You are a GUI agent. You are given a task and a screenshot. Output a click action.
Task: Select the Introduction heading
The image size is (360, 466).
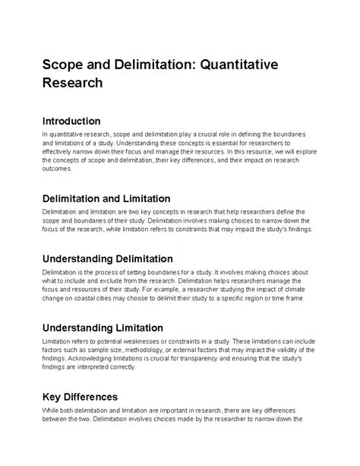71,122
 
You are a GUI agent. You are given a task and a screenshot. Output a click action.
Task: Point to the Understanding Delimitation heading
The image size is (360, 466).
108,258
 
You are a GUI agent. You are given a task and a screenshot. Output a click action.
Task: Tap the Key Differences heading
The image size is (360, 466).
80,397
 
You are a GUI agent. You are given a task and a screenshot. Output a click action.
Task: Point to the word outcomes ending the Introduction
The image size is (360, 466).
58,169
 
